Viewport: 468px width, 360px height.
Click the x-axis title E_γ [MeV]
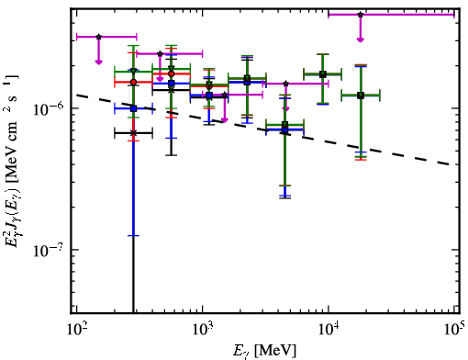(x=265, y=351)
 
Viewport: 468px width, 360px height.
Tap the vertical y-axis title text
(x=12, y=161)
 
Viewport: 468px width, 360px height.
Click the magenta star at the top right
(x=361, y=15)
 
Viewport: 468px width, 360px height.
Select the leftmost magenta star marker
(x=98, y=37)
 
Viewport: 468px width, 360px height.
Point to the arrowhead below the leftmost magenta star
(x=98, y=62)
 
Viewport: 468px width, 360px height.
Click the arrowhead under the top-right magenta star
(x=361, y=39)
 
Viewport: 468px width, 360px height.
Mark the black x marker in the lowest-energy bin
(x=133, y=133)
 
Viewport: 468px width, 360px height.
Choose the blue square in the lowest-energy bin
(x=133, y=108)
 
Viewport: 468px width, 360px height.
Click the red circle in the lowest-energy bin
(x=133, y=82)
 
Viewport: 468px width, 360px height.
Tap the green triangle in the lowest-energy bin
(x=133, y=71)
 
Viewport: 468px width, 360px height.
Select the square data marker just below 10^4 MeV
(x=323, y=74)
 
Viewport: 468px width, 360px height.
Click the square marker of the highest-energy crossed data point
(x=361, y=96)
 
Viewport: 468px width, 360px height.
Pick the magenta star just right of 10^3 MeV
(x=225, y=95)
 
